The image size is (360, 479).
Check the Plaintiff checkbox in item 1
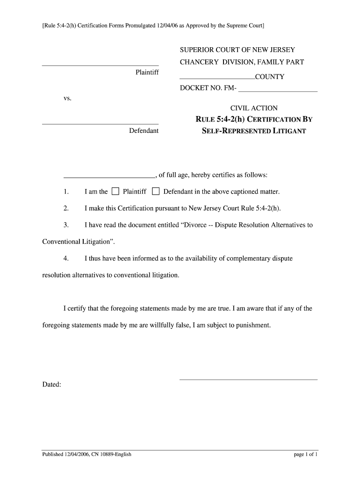pos(115,191)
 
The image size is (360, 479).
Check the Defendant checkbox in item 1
pos(156,191)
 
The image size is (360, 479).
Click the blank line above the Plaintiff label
pos(100,65)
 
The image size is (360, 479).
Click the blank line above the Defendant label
pos(100,123)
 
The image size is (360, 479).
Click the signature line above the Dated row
pos(248,379)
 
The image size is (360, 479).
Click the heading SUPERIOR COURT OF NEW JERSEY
pos(238,50)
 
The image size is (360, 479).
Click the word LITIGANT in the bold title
pos(288,131)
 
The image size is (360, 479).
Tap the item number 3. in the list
pos(66,225)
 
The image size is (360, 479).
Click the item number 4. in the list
pos(66,258)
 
